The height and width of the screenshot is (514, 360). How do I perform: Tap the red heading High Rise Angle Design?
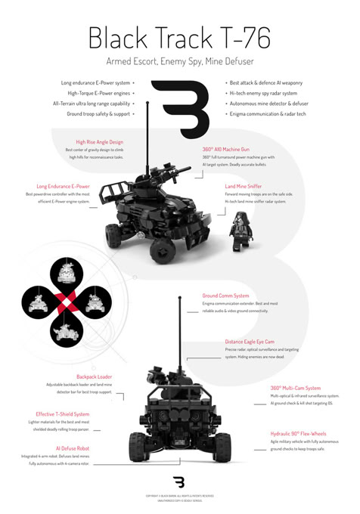coord(99,142)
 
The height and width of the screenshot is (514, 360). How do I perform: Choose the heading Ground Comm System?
coord(225,296)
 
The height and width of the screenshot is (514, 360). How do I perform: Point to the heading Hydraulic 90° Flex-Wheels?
coord(298,434)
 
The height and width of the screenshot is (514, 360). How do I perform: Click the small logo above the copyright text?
coord(179,481)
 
